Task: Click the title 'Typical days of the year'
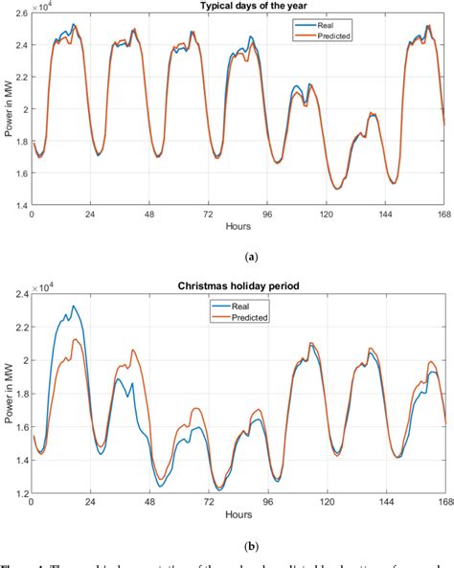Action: [238, 7]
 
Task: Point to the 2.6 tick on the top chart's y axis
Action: [21, 17]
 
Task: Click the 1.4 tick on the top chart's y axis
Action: [21, 205]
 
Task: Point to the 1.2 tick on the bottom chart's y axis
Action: [21, 492]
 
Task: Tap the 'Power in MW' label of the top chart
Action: [8, 111]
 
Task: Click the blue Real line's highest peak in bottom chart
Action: [74, 307]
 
